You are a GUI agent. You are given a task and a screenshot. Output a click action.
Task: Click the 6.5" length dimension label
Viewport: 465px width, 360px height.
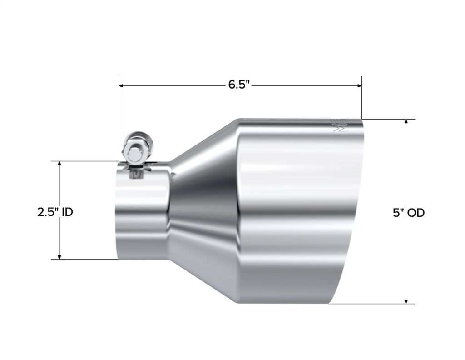(239, 85)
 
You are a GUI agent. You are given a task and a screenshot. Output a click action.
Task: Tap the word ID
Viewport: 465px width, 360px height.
(68, 212)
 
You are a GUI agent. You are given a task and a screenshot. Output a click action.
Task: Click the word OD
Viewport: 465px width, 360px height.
(415, 212)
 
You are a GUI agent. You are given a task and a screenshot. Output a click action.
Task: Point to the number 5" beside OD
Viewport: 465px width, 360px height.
(398, 212)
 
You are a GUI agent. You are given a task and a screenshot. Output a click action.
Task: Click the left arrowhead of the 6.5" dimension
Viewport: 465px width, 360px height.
(122, 85)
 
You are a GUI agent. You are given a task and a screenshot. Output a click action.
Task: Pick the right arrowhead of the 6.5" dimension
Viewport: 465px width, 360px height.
(359, 85)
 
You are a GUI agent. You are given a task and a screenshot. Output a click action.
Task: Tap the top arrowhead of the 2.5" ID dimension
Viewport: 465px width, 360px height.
(59, 164)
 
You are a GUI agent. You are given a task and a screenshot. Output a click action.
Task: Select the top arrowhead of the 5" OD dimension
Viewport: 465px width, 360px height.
(406, 122)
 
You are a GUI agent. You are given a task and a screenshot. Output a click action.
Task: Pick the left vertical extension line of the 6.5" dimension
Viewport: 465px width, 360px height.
(119, 118)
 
